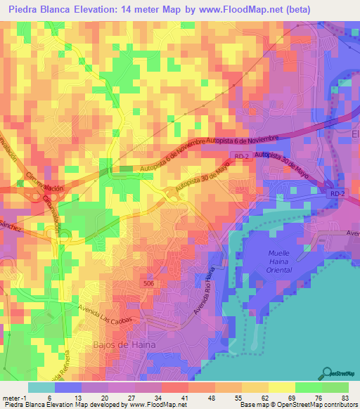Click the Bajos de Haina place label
(118, 344)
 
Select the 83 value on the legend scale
(344, 398)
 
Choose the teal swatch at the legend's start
(41, 387)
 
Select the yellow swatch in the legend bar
(281, 387)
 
